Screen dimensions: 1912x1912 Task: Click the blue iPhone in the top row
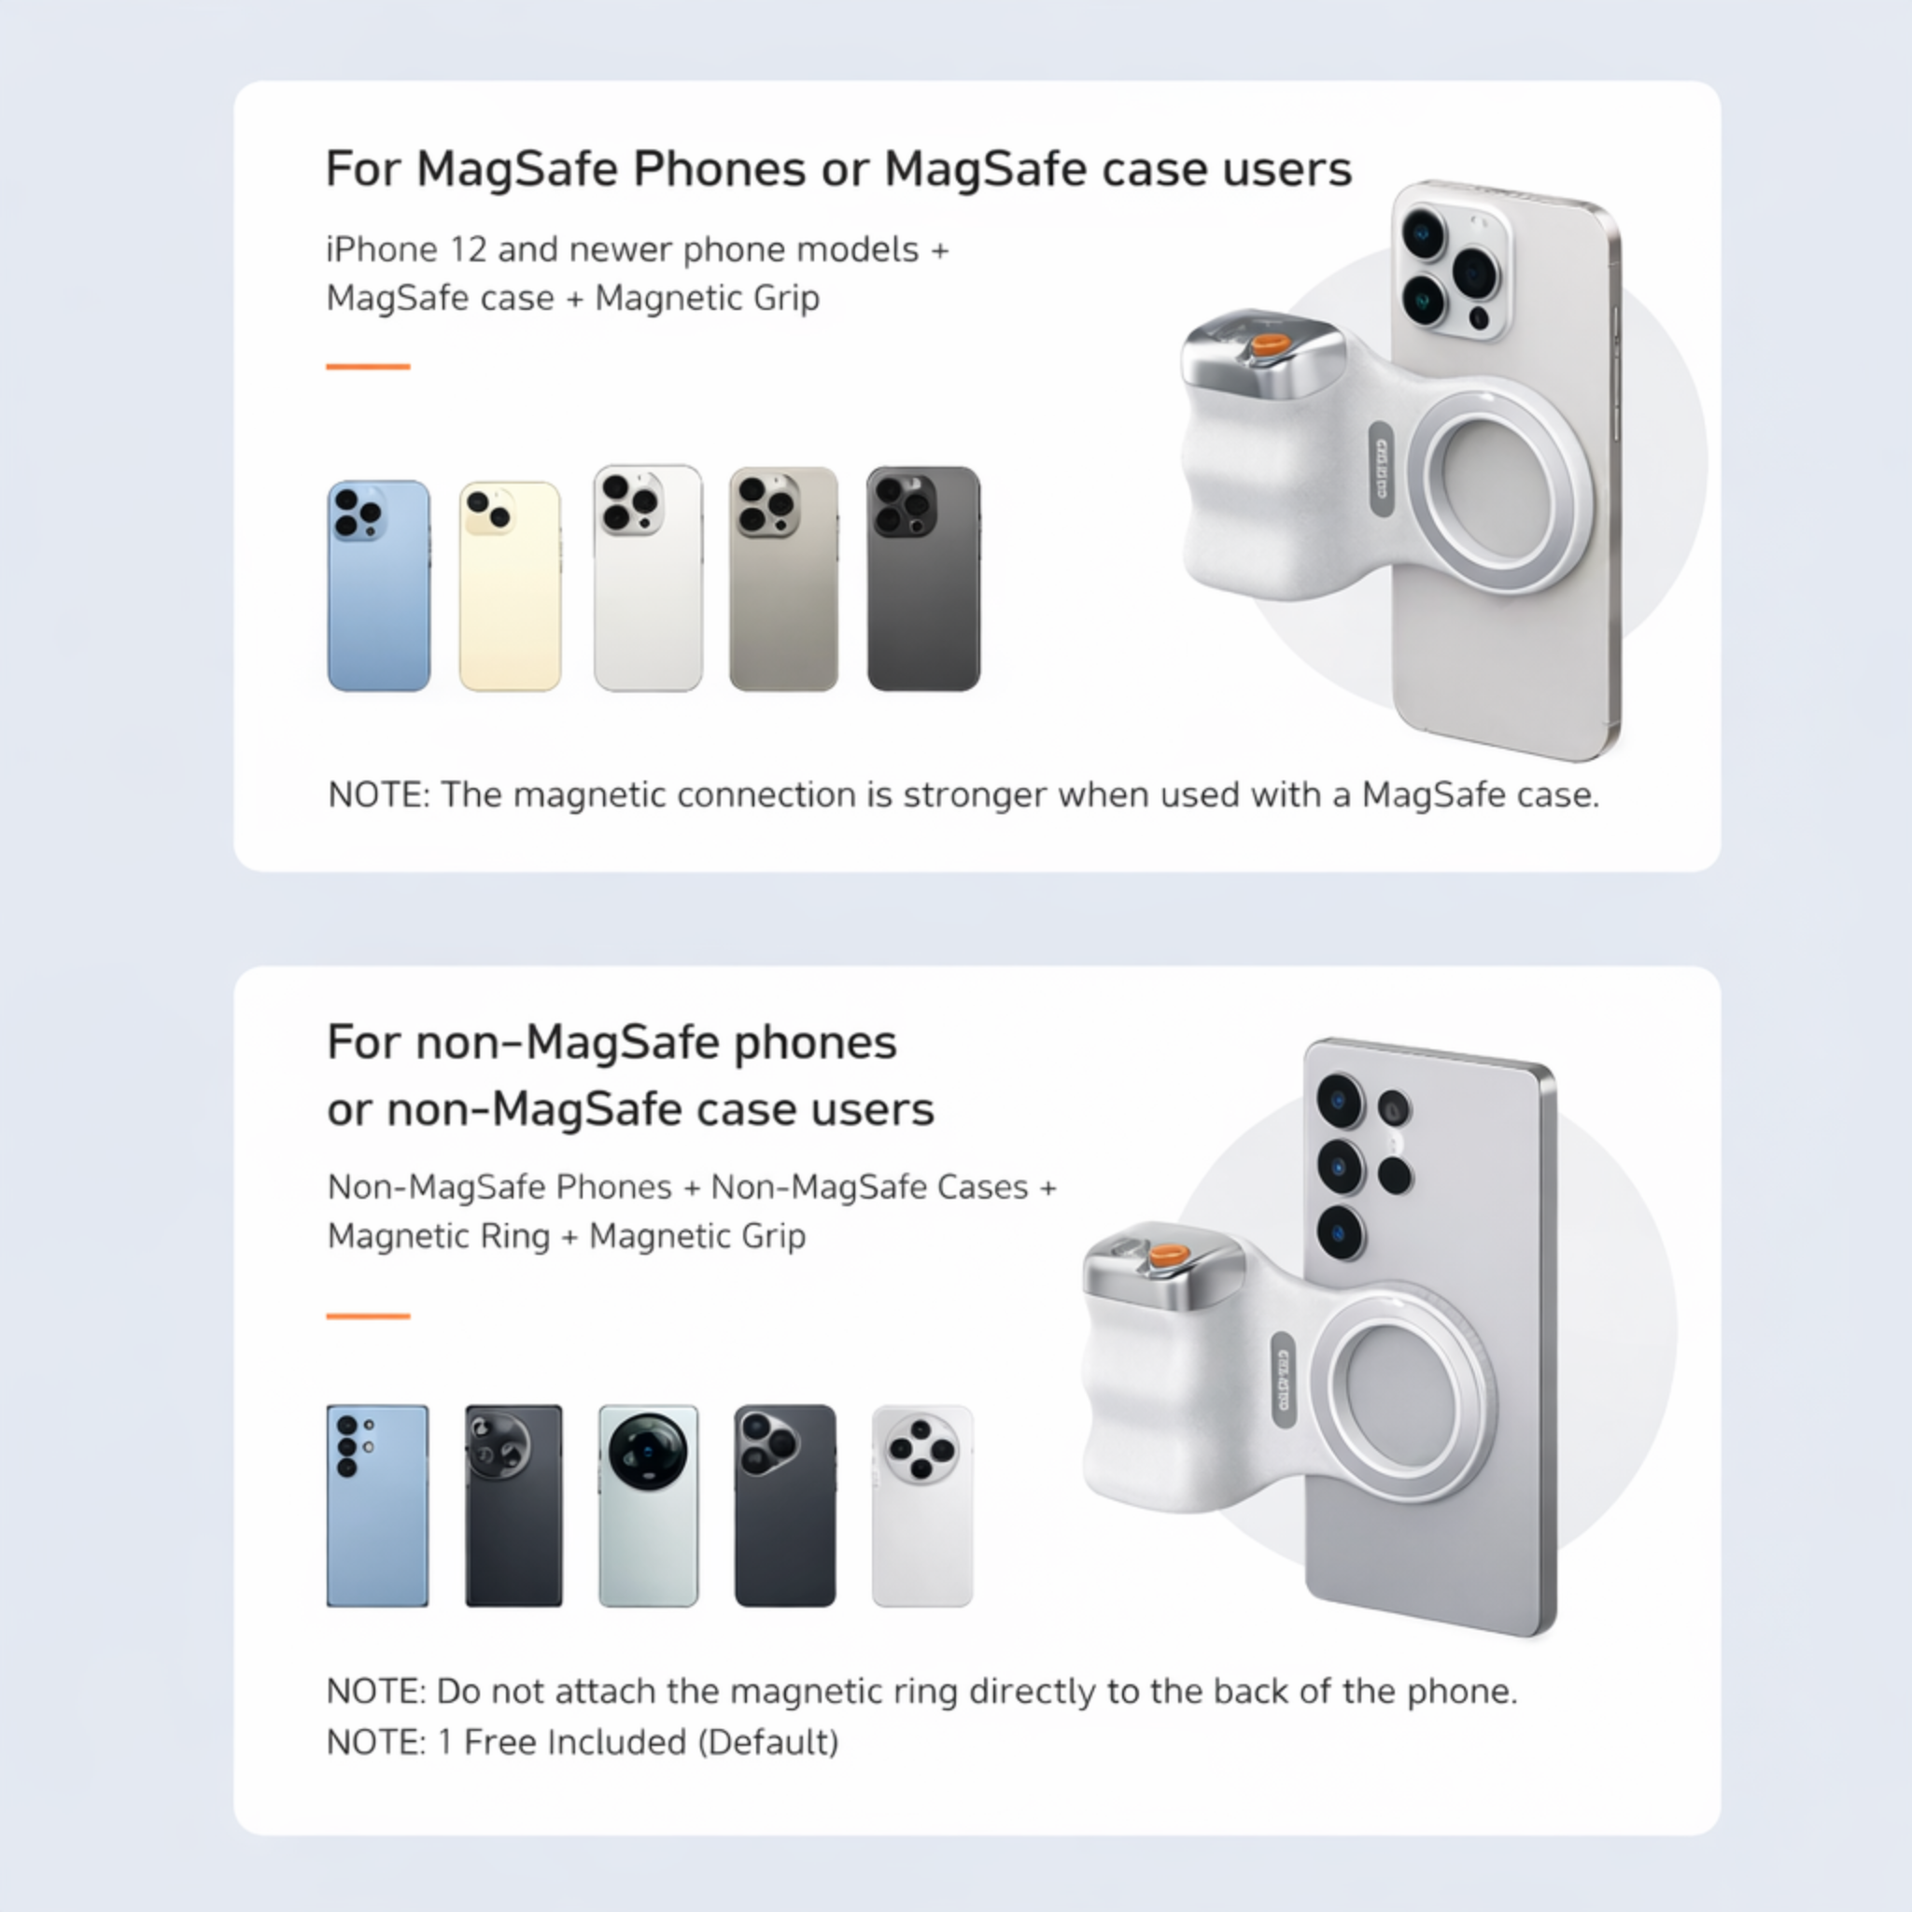tap(378, 586)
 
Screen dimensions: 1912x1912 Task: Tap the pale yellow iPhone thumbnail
tap(510, 586)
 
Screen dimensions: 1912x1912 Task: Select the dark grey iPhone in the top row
tap(923, 579)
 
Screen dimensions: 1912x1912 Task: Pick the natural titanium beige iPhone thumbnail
tap(782, 579)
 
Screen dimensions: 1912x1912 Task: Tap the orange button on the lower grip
tap(1169, 1255)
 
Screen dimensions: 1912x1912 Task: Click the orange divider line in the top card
tap(368, 366)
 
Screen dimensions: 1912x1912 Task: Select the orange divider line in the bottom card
tap(368, 1316)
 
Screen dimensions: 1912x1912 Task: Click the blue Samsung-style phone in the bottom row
tap(377, 1504)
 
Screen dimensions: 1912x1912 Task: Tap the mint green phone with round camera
tap(648, 1504)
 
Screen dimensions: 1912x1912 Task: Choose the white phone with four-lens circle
tap(921, 1504)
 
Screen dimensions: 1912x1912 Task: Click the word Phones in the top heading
tap(720, 169)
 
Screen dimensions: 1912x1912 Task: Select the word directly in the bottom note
tap(1033, 1692)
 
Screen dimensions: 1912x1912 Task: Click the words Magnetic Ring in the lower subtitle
tap(439, 1236)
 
